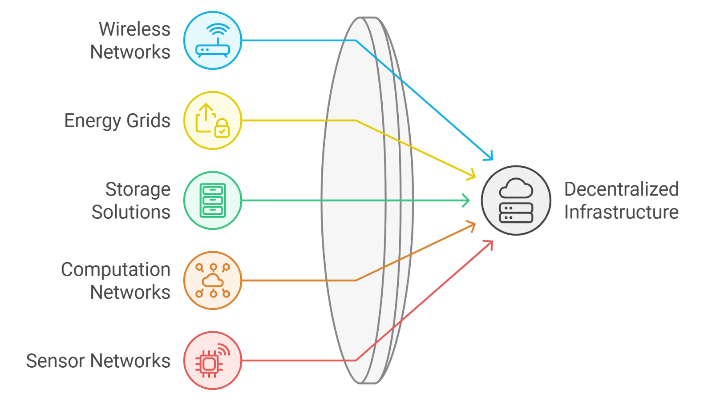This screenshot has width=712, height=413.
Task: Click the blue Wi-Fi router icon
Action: (x=213, y=40)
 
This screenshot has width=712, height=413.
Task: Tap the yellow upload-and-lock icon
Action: (x=213, y=120)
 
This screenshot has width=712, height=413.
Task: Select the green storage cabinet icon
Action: (x=213, y=200)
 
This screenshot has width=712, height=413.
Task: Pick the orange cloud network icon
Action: (x=213, y=281)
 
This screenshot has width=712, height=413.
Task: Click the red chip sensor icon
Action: (x=213, y=361)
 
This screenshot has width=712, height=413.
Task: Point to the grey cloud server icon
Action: (x=516, y=200)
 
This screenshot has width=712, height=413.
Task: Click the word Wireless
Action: (x=134, y=29)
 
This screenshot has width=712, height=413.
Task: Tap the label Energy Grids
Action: (x=117, y=121)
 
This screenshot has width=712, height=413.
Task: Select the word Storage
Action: (x=138, y=189)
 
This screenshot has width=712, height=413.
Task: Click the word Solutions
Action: (x=131, y=212)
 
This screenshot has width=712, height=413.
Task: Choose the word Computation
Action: (x=116, y=270)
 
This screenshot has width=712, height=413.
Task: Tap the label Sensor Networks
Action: (x=98, y=361)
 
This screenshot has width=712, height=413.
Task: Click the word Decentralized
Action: (x=621, y=189)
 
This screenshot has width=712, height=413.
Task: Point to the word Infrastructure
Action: (x=621, y=212)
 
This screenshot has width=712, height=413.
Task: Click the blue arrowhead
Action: (x=489, y=156)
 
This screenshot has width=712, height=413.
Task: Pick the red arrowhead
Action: (x=489, y=245)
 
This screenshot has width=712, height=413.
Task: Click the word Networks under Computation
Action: (x=130, y=293)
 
